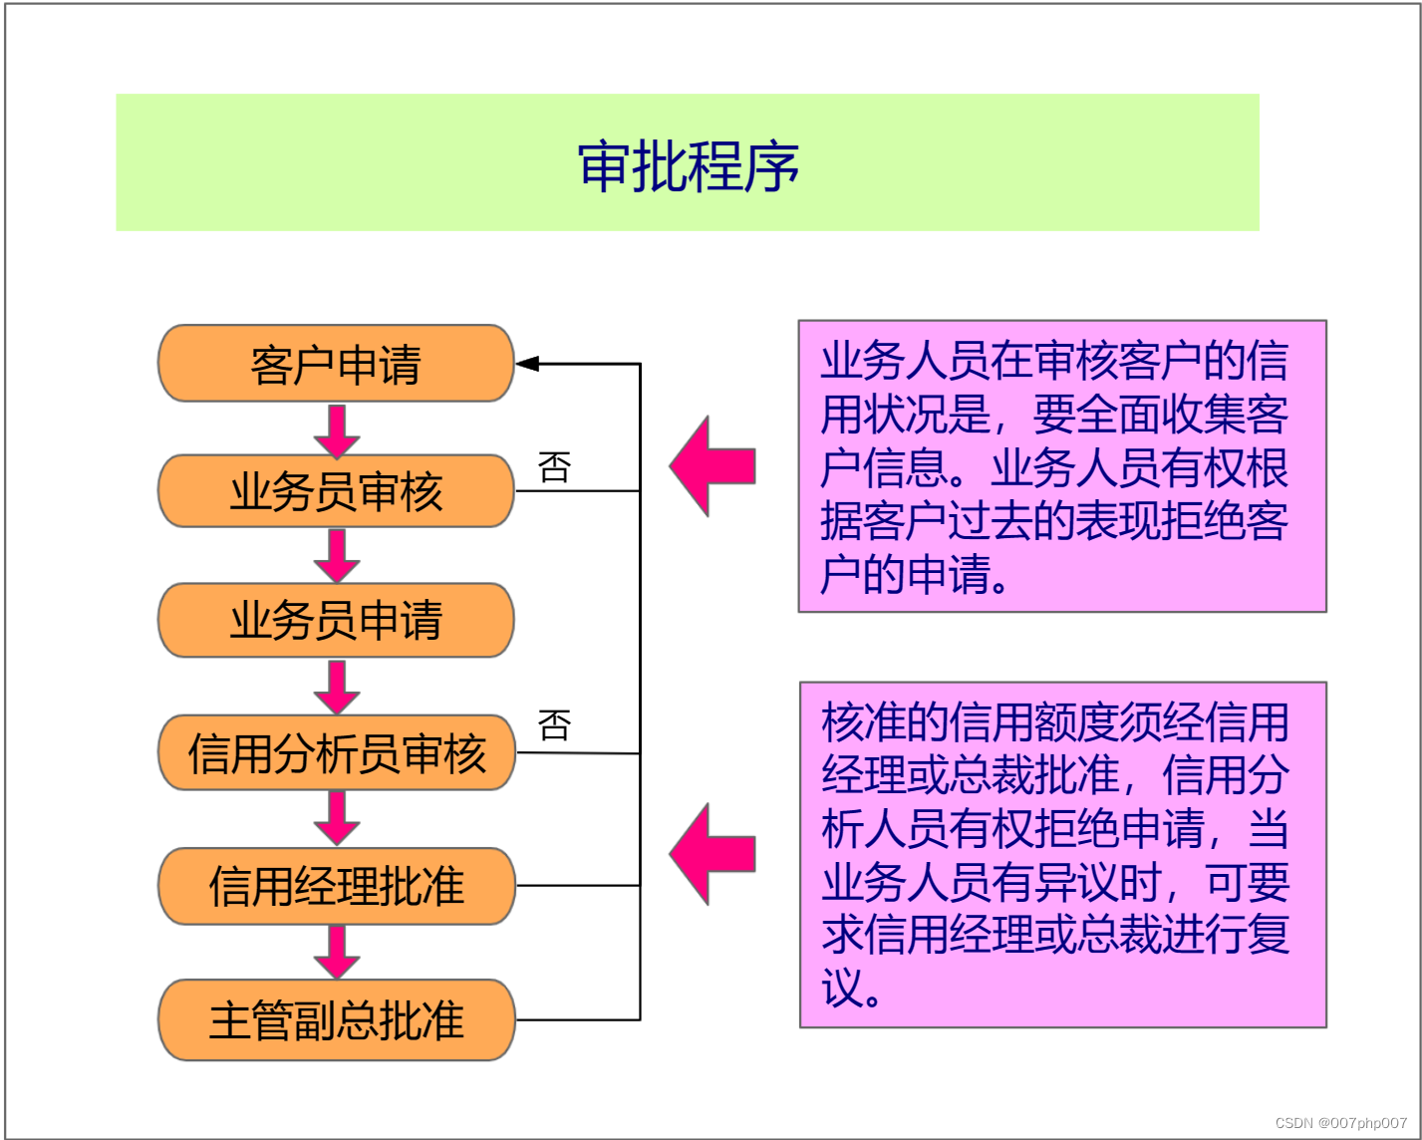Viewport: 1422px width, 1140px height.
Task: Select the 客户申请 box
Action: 336,364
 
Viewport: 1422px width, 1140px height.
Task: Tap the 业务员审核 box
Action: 336,491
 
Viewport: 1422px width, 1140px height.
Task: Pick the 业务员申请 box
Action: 336,620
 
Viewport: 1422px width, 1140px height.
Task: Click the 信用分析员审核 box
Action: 337,752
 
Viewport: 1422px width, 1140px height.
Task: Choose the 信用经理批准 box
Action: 337,886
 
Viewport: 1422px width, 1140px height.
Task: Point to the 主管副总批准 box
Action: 337,1019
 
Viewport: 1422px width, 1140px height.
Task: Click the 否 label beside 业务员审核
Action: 554,466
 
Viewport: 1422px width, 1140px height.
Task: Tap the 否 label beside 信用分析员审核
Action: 554,724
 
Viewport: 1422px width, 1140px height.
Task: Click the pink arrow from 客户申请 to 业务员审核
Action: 337,430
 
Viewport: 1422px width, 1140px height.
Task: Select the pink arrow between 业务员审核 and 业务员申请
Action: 337,556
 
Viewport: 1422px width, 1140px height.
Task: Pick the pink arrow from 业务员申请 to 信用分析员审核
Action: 337,688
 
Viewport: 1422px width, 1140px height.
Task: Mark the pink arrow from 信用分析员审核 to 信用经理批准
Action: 337,819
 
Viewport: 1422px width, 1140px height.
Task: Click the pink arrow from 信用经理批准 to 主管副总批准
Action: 337,953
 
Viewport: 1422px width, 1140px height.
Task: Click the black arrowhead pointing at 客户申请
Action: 528,364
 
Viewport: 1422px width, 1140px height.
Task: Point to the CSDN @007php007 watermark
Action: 1341,1123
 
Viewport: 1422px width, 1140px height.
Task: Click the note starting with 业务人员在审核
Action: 1061,466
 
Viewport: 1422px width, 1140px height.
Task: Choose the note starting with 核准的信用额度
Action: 1062,854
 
